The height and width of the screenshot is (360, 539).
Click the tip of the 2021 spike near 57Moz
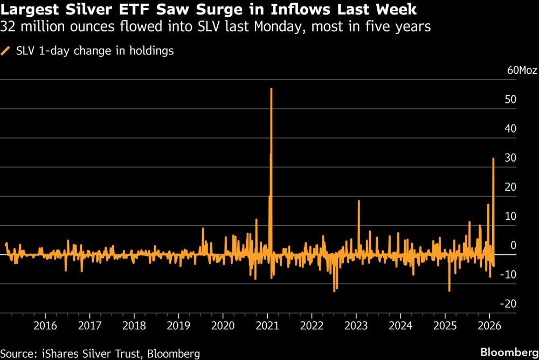click(x=271, y=89)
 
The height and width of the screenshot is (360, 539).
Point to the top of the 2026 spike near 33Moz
click(x=493, y=158)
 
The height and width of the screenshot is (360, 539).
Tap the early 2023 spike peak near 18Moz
click(x=358, y=200)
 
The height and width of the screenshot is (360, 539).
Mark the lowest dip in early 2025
click(x=449, y=291)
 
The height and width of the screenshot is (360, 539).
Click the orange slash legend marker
click(x=6, y=51)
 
